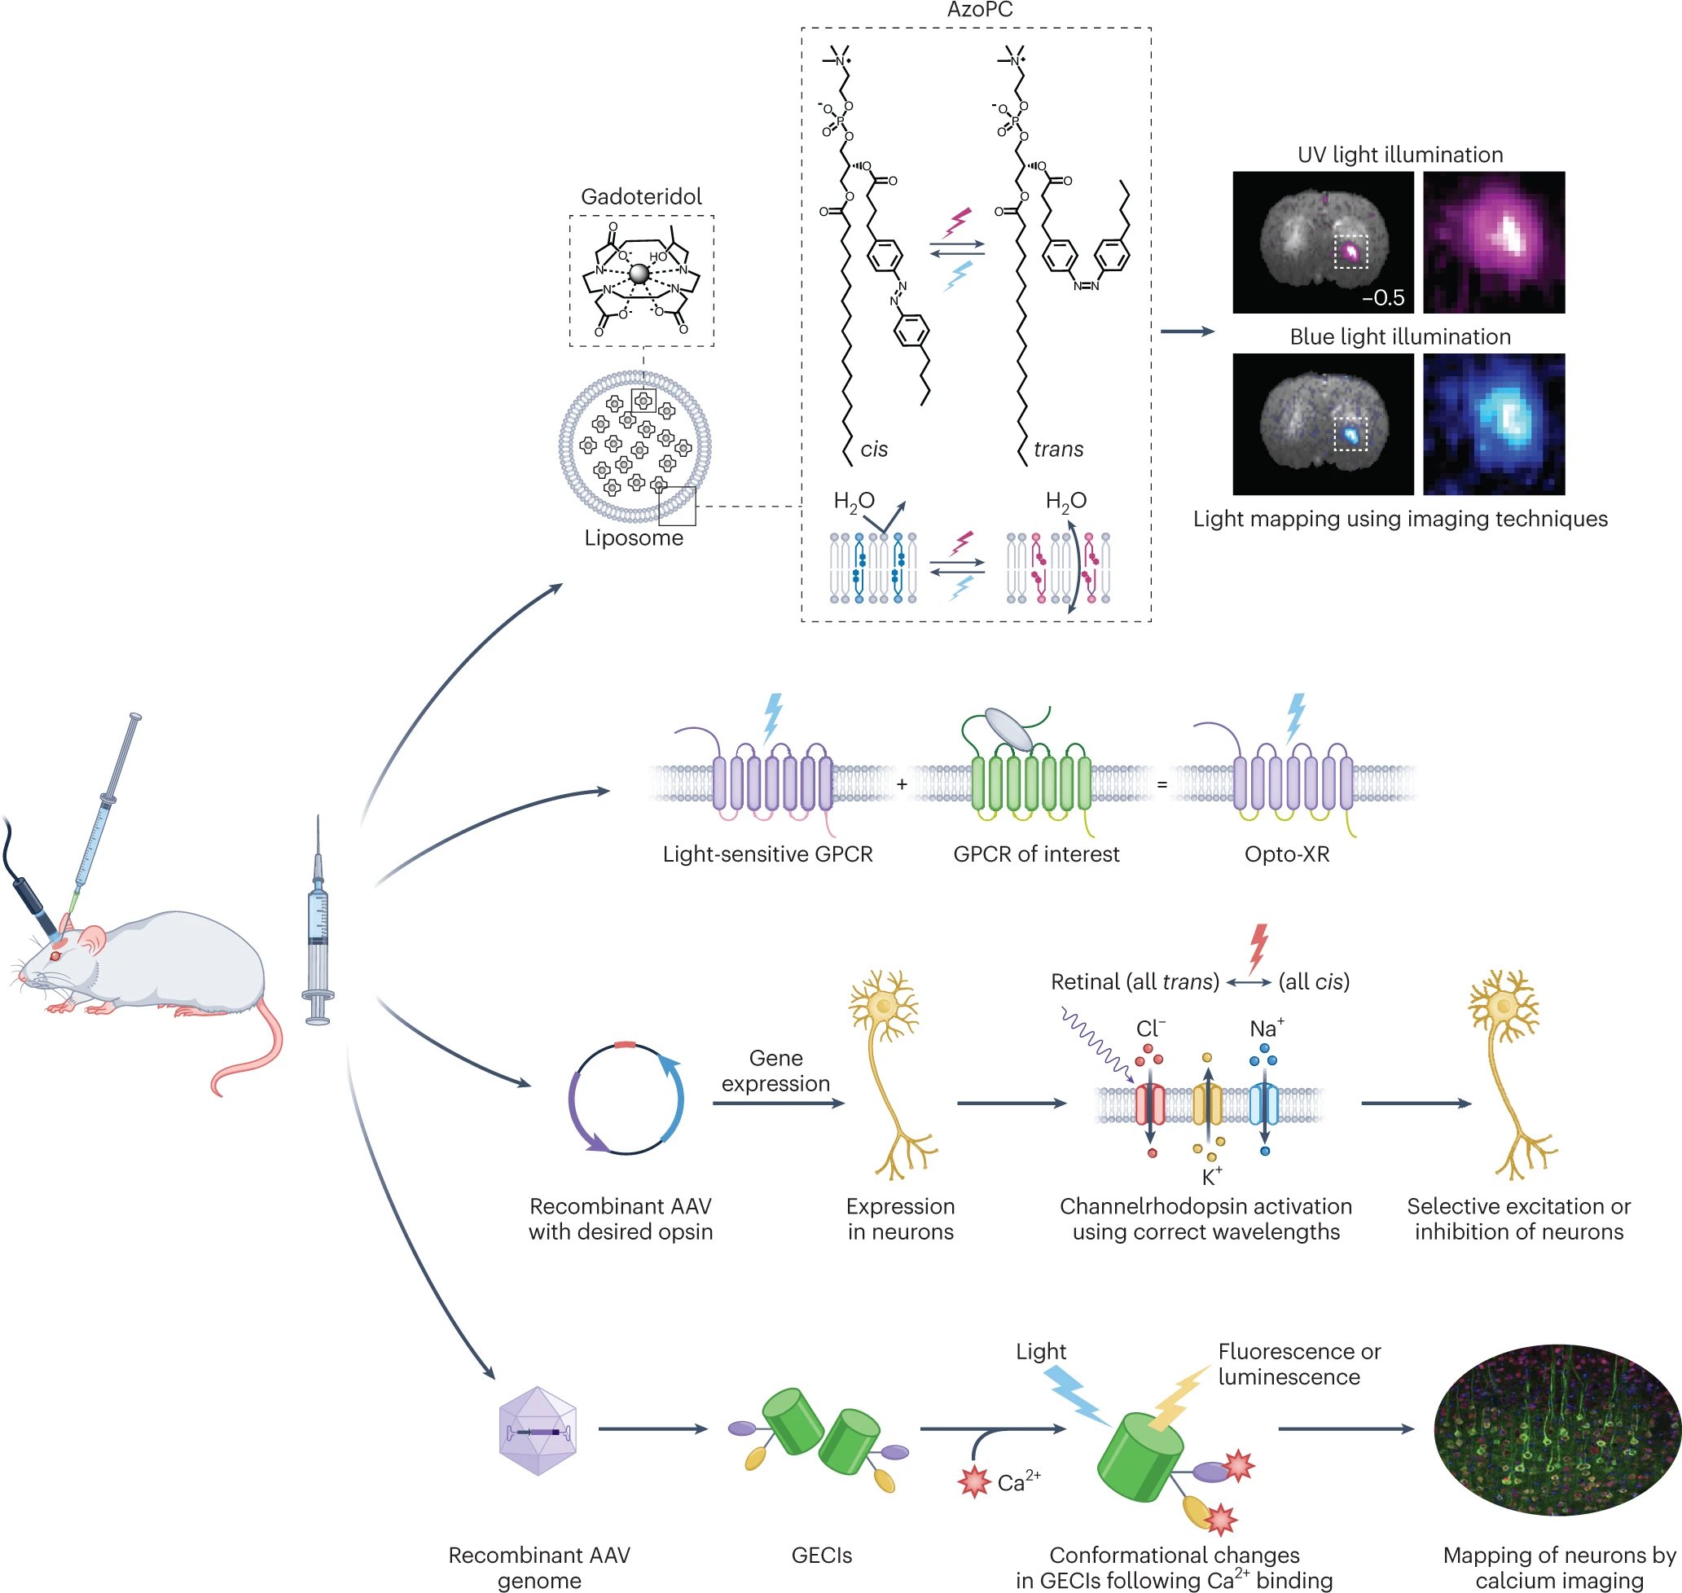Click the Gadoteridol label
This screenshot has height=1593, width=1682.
(x=641, y=196)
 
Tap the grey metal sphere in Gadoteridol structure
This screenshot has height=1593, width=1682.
(x=639, y=274)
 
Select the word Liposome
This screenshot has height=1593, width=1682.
(x=634, y=538)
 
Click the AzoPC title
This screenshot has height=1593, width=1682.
(x=980, y=11)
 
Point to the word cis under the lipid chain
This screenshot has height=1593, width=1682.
(x=874, y=450)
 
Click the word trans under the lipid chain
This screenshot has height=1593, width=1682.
(x=1058, y=450)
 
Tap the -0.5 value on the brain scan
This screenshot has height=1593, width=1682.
(x=1382, y=298)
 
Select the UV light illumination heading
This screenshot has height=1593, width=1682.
(x=1399, y=155)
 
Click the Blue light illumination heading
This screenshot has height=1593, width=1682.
(x=1399, y=336)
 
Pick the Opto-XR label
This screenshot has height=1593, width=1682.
(x=1286, y=854)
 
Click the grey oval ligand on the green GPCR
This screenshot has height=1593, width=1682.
(x=1008, y=730)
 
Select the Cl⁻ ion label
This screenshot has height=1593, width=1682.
(x=1149, y=1029)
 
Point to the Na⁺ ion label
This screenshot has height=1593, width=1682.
(x=1266, y=1029)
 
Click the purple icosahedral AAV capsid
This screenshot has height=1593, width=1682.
(x=538, y=1432)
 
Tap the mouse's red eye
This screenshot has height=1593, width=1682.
(x=56, y=956)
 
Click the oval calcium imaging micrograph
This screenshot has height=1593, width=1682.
(x=1557, y=1429)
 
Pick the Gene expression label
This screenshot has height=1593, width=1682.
(x=775, y=1071)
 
